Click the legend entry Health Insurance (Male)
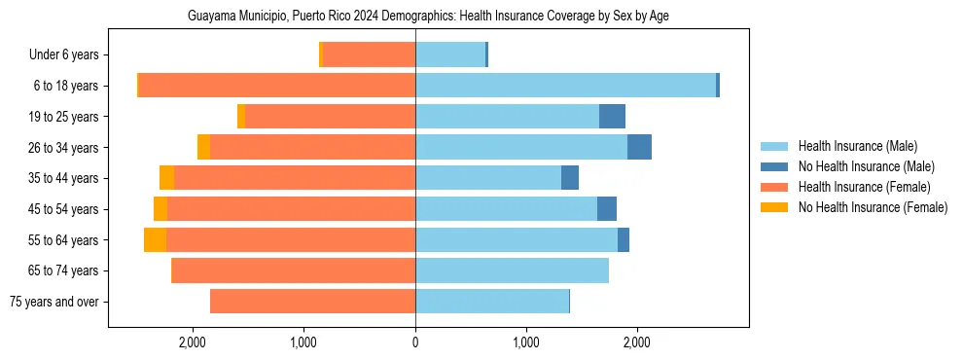[857, 146]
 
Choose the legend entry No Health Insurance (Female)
[873, 207]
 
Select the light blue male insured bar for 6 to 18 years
[564, 86]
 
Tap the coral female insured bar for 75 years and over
[311, 302]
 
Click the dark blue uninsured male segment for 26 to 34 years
[639, 147]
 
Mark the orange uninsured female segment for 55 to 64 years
[155, 239]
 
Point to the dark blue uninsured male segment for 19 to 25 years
[612, 117]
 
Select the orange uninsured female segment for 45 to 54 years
[160, 209]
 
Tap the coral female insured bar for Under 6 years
[370, 55]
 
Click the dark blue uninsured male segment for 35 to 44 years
[570, 178]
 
